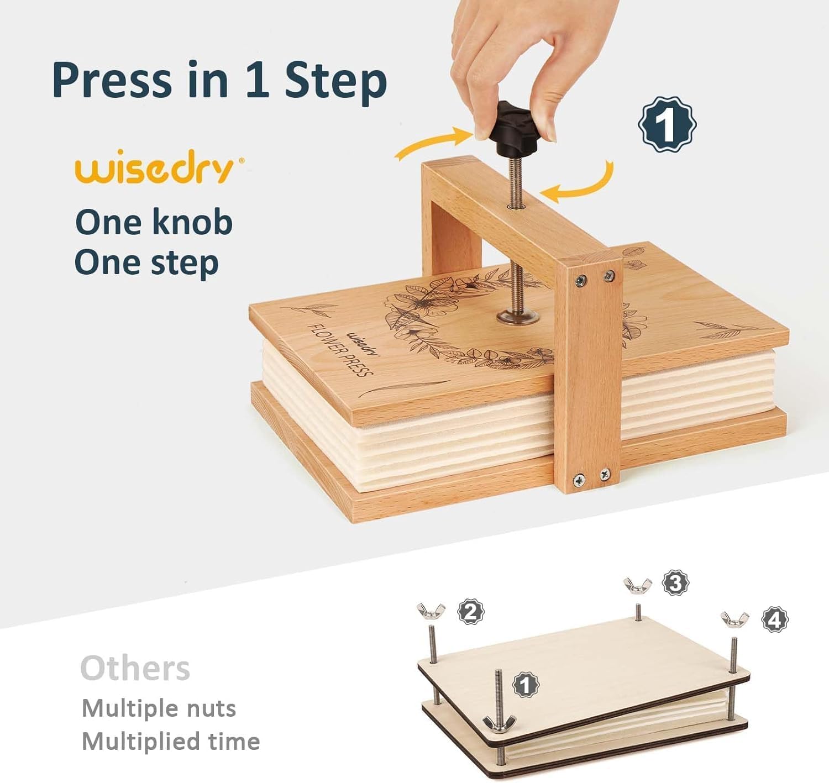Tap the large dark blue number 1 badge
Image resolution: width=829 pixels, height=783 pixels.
click(x=667, y=125)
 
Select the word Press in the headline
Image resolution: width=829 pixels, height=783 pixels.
click(x=111, y=80)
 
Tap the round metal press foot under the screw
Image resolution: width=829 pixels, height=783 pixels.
click(x=517, y=316)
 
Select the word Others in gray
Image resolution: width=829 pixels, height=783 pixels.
click(x=135, y=668)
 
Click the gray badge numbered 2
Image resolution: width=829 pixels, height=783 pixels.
click(x=471, y=611)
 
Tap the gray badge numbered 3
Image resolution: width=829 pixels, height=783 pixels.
click(x=675, y=582)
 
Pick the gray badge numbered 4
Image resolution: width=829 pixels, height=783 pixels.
click(x=775, y=619)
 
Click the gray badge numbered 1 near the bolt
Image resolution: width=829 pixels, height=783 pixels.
click(x=526, y=685)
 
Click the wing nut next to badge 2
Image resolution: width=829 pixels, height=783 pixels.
click(x=431, y=611)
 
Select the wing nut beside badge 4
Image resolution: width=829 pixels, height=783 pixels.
click(x=734, y=619)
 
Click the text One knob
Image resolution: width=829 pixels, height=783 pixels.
click(x=154, y=222)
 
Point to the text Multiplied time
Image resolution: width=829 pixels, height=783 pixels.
click(x=171, y=741)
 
